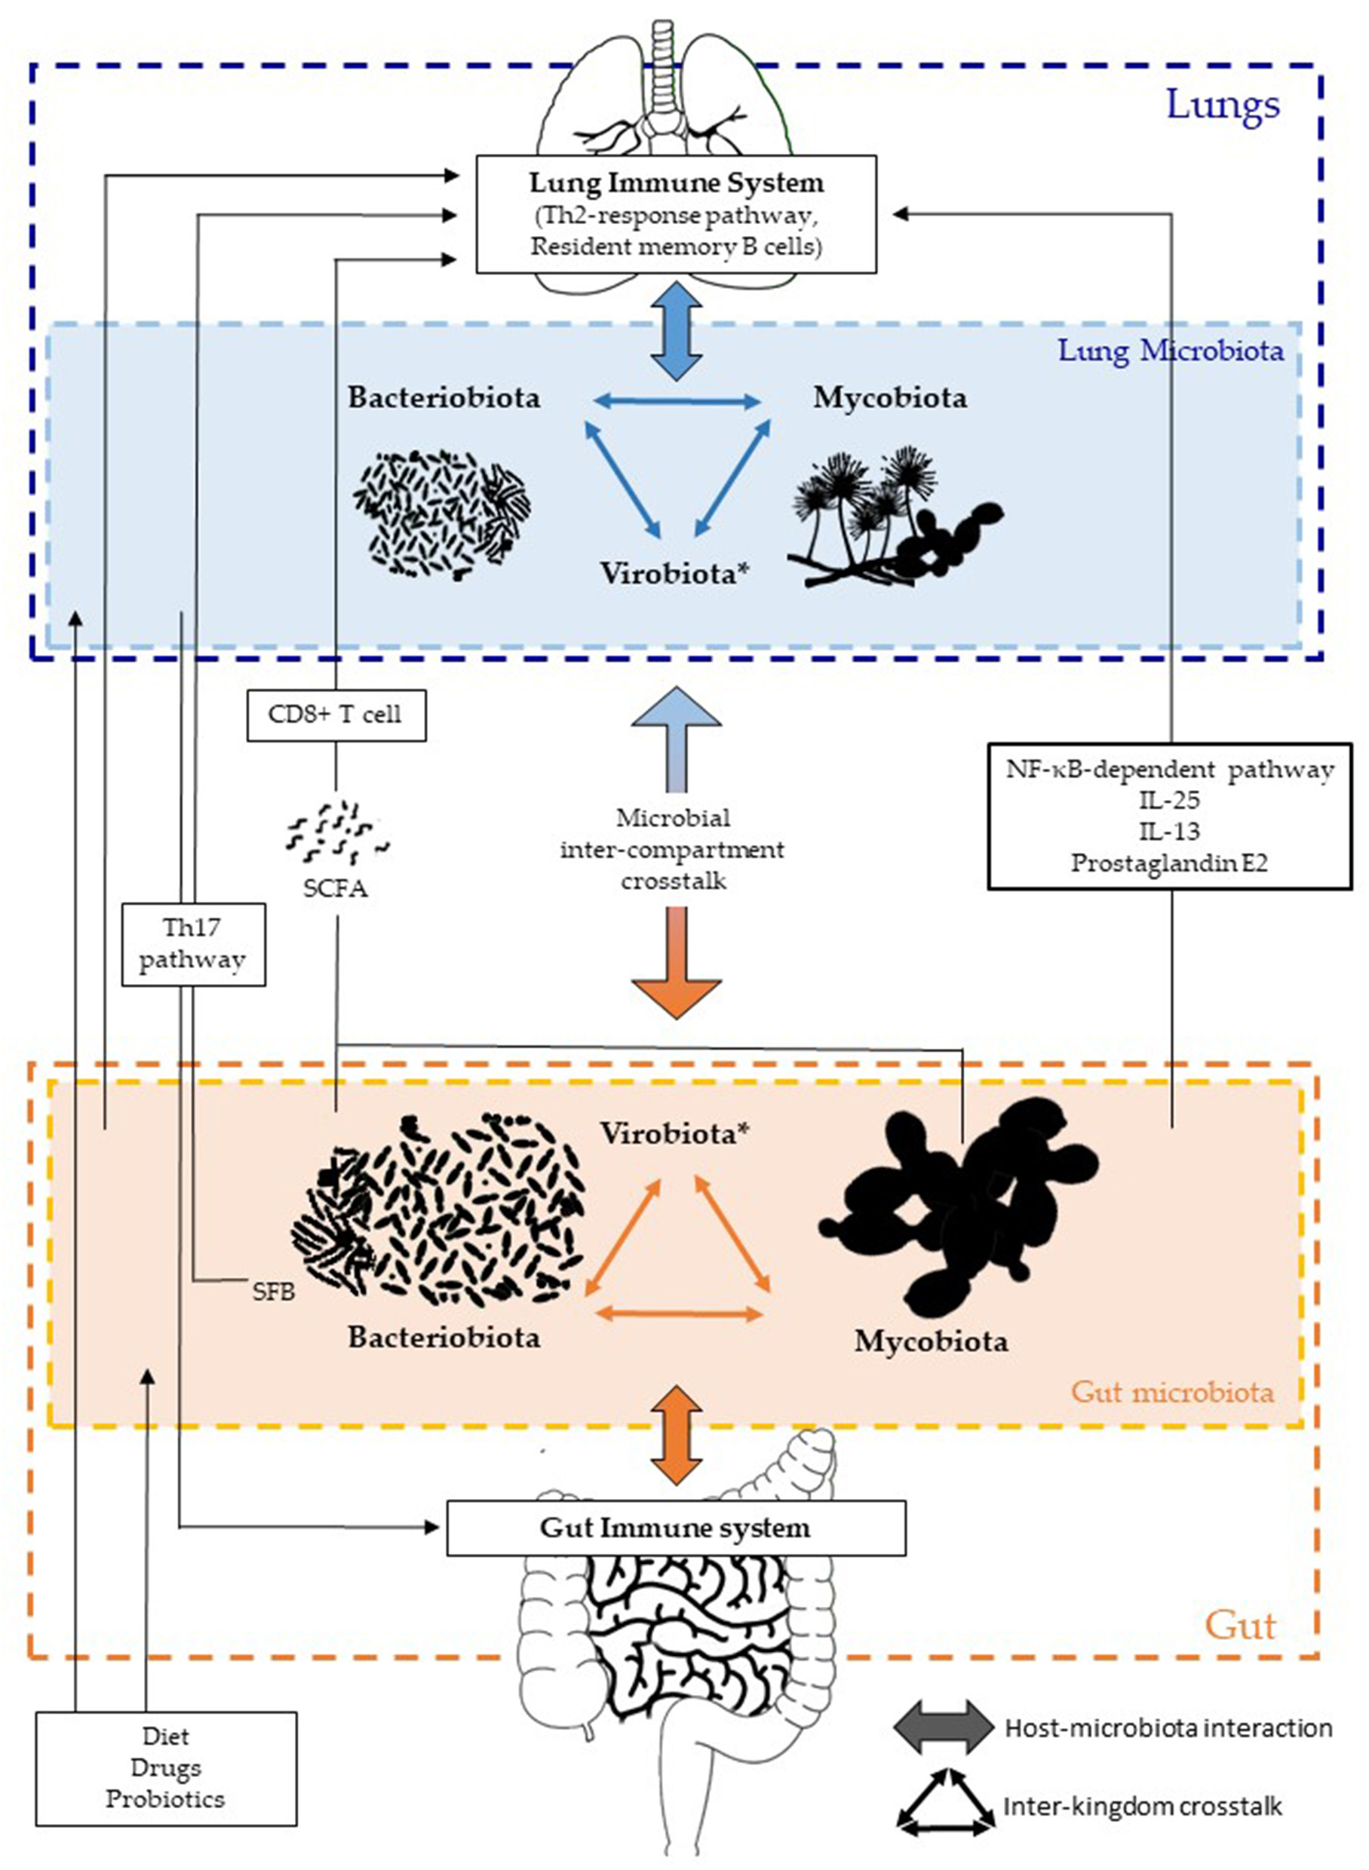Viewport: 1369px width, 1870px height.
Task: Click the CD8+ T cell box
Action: [x=336, y=715]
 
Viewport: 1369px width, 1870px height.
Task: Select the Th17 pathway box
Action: [x=193, y=944]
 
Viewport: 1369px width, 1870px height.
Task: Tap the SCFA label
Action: [x=335, y=889]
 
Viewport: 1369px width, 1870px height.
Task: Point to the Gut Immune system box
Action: [x=675, y=1527]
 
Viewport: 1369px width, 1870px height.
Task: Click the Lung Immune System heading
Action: [x=677, y=182]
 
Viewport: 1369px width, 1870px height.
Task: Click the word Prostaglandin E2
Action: [x=1169, y=863]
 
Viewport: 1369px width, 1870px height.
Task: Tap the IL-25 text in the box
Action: [x=1169, y=799]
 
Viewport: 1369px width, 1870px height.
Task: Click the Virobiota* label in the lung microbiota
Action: [x=669, y=573]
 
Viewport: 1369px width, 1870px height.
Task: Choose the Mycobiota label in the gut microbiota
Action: [x=932, y=1341]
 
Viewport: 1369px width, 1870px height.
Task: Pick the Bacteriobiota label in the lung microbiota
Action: [x=444, y=397]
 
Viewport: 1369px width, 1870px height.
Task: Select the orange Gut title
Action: [x=1241, y=1626]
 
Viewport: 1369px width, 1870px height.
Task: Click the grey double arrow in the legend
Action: [x=943, y=1728]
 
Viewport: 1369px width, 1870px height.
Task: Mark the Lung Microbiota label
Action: [x=1171, y=351]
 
